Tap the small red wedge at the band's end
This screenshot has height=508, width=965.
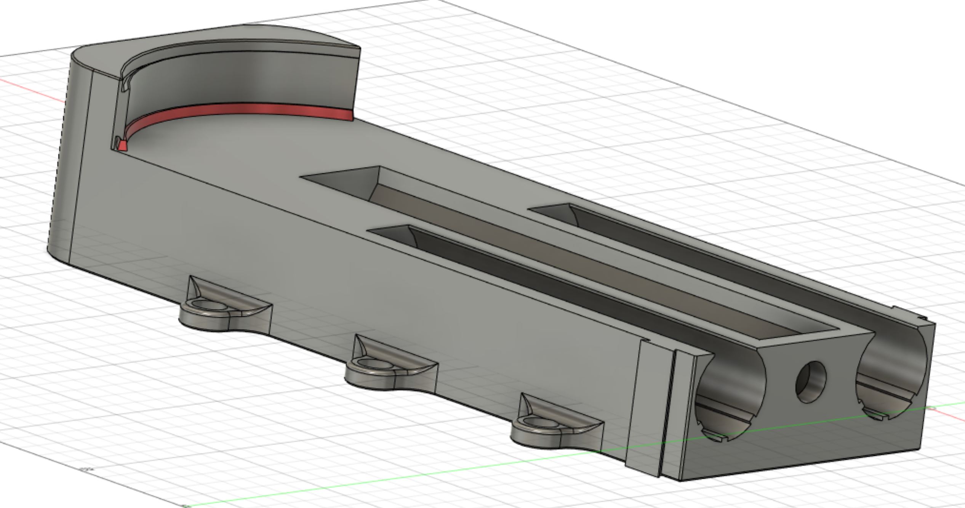pos(122,146)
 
